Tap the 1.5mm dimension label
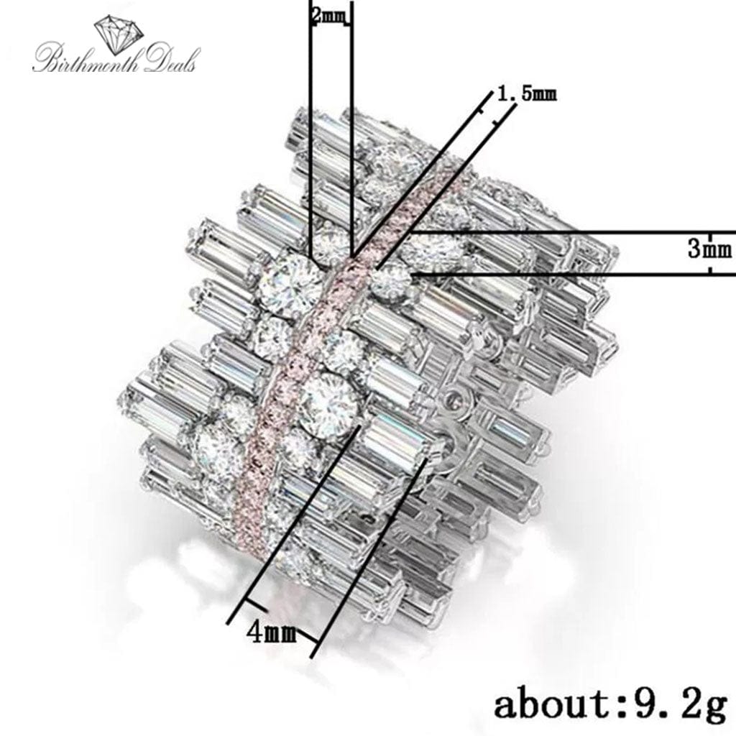click(527, 94)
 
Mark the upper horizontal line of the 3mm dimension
click(575, 232)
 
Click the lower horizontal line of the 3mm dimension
click(575, 274)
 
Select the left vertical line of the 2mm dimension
click(310, 129)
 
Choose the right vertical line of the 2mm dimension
click(351, 129)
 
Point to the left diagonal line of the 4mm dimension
click(287, 532)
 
